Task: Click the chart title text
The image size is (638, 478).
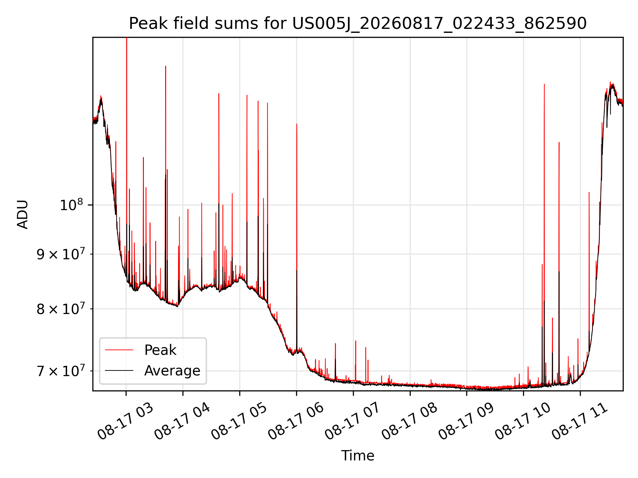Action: [358, 24]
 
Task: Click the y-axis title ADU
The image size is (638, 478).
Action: [23, 214]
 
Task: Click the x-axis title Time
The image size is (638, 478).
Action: [358, 456]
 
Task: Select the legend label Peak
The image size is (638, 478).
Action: [160, 350]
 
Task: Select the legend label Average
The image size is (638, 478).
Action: [172, 370]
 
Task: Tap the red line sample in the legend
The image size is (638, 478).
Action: [119, 350]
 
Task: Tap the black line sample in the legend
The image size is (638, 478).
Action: [119, 370]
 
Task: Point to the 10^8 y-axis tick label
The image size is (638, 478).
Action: [71, 204]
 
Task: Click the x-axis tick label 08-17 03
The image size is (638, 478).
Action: [126, 422]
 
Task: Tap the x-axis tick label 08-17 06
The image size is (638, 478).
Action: [296, 422]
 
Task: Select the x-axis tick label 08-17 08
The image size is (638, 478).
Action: [410, 422]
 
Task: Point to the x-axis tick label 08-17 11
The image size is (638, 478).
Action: [580, 422]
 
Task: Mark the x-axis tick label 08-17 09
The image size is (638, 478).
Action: [467, 422]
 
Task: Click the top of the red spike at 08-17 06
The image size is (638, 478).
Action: [297, 124]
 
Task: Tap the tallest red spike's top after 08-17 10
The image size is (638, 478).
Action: [544, 84]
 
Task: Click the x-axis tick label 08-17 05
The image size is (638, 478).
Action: [239, 422]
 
